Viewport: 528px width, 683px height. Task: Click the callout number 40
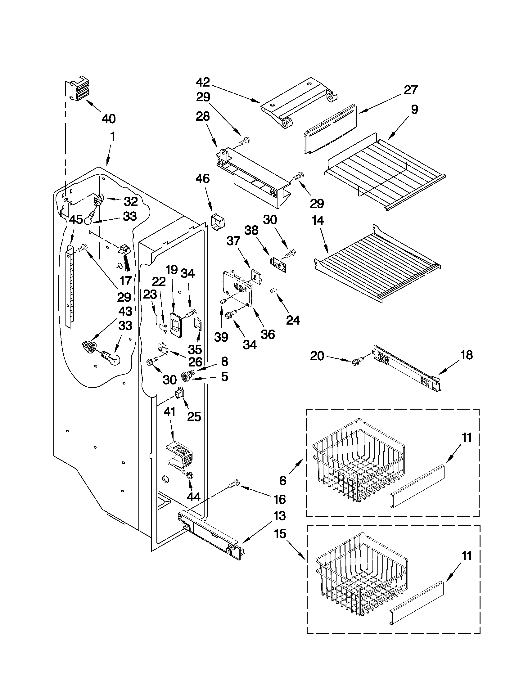click(x=109, y=119)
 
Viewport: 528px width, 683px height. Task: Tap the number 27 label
click(x=410, y=90)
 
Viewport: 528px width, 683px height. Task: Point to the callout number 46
click(x=202, y=179)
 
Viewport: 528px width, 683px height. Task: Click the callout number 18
click(x=466, y=355)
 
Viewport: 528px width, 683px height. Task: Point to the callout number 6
click(x=283, y=481)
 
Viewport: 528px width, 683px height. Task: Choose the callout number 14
click(x=318, y=220)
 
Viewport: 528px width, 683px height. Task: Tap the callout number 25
click(x=194, y=416)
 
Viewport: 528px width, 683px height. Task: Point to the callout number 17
click(x=125, y=281)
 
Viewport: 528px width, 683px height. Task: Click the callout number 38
click(x=251, y=231)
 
